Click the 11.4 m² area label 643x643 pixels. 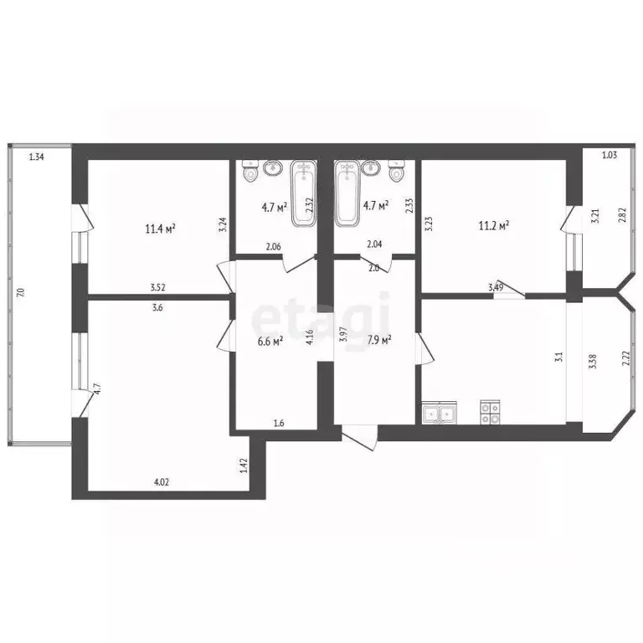coord(159,228)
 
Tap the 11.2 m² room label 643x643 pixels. coord(494,225)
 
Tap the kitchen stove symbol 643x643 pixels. coord(489,411)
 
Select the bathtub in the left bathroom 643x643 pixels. coord(302,194)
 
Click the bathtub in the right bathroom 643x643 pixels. coord(347,194)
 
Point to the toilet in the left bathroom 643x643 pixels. coord(249,173)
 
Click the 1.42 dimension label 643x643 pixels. coord(244,466)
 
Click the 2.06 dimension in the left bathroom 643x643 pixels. coord(274,246)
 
